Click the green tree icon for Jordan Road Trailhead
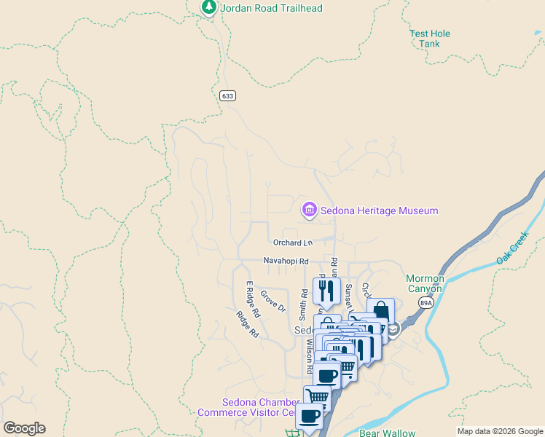click(x=209, y=7)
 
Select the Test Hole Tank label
click(x=430, y=39)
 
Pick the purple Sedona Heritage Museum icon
click(x=310, y=210)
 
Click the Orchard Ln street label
click(x=293, y=242)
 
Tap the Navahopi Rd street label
click(x=286, y=261)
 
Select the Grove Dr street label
click(x=273, y=302)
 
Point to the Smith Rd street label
click(x=303, y=304)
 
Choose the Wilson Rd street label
click(x=310, y=357)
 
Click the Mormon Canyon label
click(x=425, y=283)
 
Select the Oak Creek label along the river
click(x=511, y=249)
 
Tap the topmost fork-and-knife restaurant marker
click(x=326, y=290)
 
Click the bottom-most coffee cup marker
click(x=309, y=416)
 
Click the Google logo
click(x=24, y=428)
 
